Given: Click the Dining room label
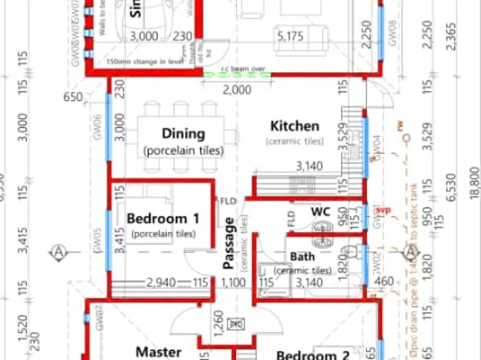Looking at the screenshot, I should click(x=183, y=134).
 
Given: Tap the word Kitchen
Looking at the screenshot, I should click(x=294, y=126).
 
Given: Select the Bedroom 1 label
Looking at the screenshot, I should click(x=163, y=218).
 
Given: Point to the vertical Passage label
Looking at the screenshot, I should click(x=230, y=243).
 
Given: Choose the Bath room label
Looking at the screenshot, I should click(x=302, y=257).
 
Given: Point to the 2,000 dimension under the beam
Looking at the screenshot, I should click(x=237, y=90).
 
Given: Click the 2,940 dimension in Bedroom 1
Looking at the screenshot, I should click(x=161, y=283).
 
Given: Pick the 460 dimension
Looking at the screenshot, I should click(x=387, y=283).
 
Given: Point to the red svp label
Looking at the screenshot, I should click(x=383, y=210).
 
